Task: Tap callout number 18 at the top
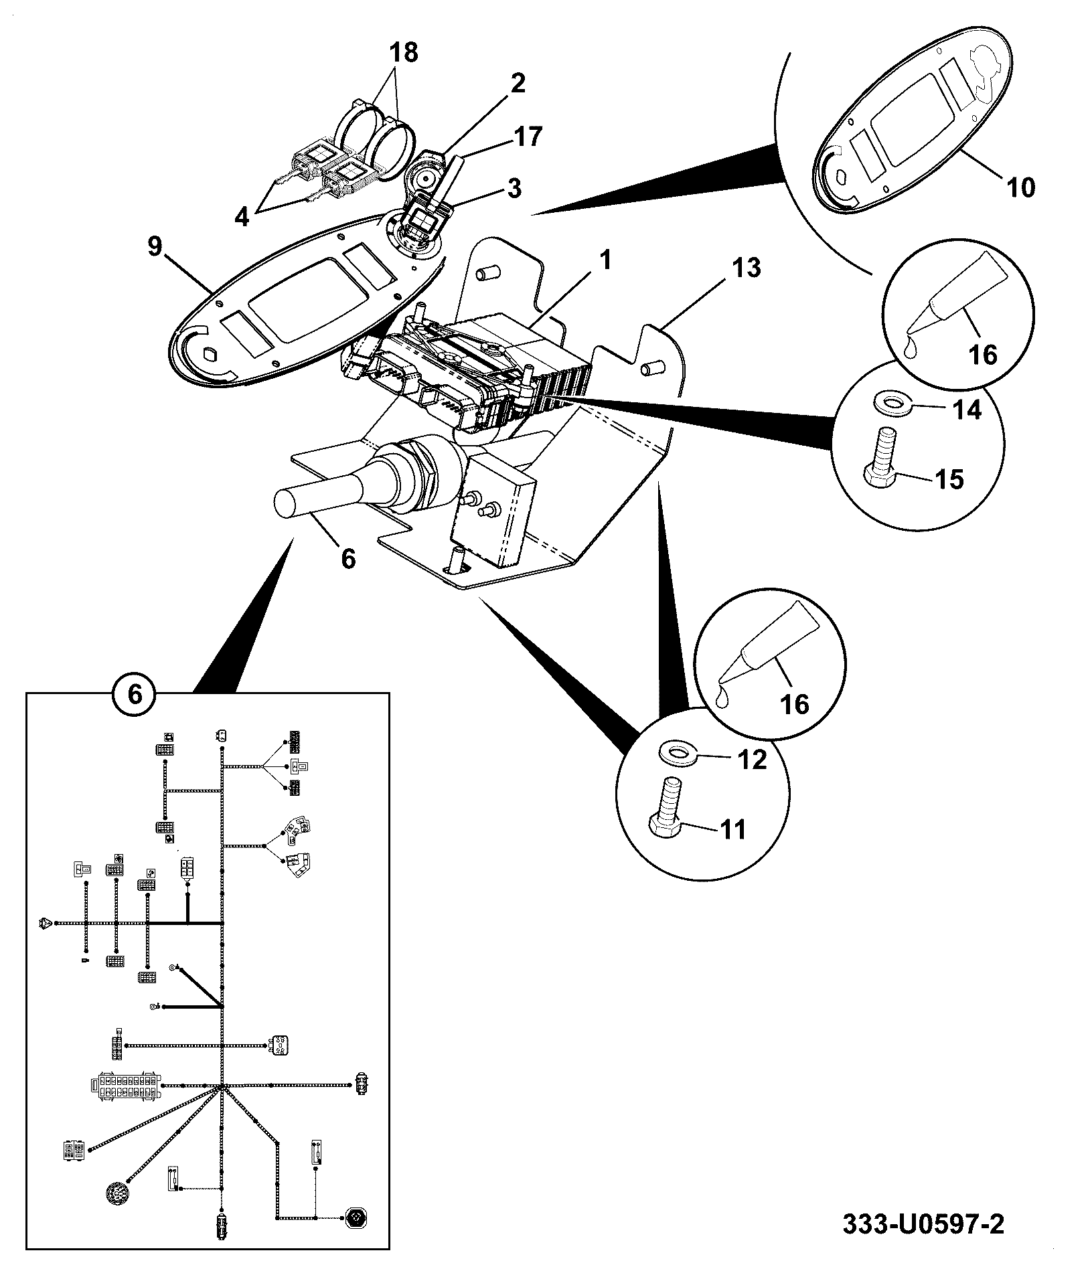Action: (x=402, y=52)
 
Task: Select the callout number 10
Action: (x=1020, y=187)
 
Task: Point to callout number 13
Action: (x=745, y=268)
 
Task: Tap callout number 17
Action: (x=526, y=137)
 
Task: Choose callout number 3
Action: (x=513, y=188)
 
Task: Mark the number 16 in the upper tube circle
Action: (x=983, y=354)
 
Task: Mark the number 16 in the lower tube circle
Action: (x=794, y=703)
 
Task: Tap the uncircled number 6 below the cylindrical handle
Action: (x=347, y=558)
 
